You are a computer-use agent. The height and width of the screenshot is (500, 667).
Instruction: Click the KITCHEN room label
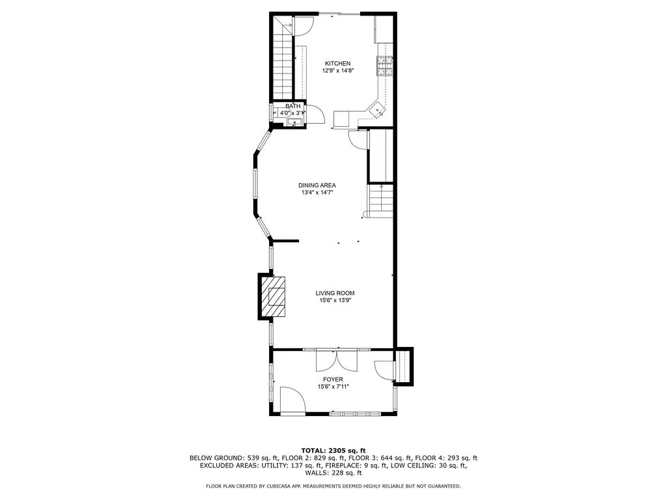click(x=337, y=63)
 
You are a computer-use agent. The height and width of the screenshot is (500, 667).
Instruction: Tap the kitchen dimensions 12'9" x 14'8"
click(x=337, y=70)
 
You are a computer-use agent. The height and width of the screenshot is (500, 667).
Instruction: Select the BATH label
click(x=293, y=106)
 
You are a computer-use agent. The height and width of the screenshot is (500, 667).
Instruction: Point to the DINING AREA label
click(x=317, y=185)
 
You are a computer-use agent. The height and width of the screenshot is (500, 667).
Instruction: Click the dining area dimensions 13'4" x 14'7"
click(x=317, y=193)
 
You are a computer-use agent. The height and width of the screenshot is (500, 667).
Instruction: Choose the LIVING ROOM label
click(x=335, y=294)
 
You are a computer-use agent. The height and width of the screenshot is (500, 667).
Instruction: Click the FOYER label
click(x=333, y=380)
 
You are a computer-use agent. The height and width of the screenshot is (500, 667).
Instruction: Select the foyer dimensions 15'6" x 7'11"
click(x=333, y=387)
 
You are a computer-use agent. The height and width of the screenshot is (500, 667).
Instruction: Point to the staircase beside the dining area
click(x=380, y=201)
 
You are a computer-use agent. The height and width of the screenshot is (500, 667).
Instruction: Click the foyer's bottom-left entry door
click(x=290, y=400)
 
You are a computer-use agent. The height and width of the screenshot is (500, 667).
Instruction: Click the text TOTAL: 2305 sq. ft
click(x=333, y=450)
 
